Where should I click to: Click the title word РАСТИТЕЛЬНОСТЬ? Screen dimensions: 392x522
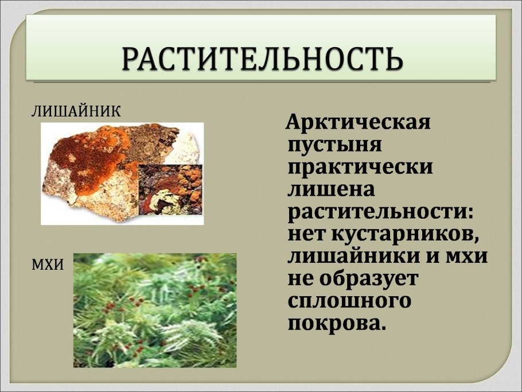(261, 58)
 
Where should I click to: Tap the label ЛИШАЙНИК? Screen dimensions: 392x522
(76, 111)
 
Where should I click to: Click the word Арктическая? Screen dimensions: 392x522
(358, 122)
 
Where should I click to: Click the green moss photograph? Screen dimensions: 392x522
(155, 310)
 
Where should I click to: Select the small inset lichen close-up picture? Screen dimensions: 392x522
(170, 189)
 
